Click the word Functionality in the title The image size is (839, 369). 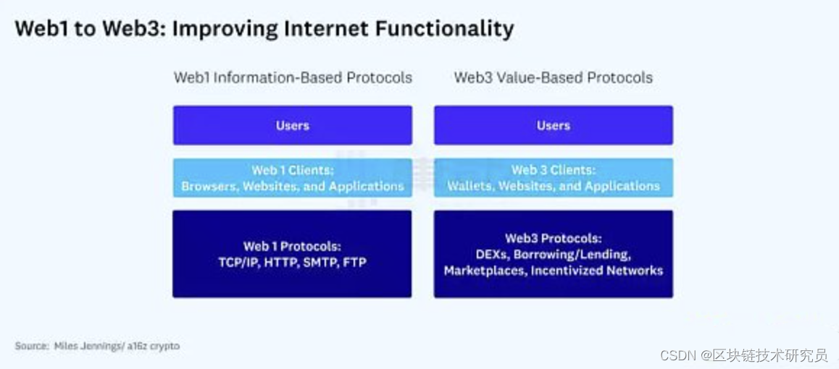tap(443, 29)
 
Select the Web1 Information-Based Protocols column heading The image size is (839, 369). tap(293, 78)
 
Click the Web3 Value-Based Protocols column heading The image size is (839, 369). tap(554, 78)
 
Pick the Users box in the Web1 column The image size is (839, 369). tap(292, 125)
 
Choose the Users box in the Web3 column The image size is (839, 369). tap(554, 125)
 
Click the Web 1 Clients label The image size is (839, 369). tap(293, 170)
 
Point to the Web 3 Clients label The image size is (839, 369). tap(554, 170)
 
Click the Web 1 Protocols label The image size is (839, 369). tap(292, 246)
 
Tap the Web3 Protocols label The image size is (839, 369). tap(554, 238)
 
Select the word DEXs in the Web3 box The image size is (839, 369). tap(490, 254)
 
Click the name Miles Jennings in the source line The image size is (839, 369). tap(89, 346)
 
